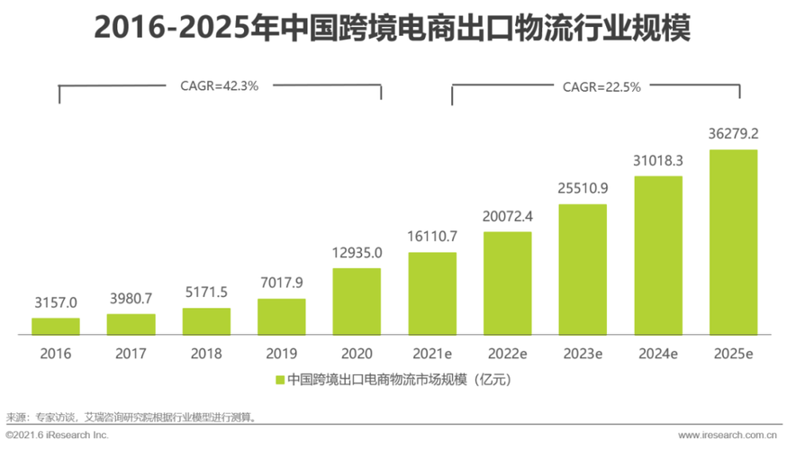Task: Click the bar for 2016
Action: (x=56, y=326)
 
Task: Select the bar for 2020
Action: (x=357, y=301)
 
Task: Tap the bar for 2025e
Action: (x=733, y=241)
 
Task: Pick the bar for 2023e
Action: (x=583, y=269)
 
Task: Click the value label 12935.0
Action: (x=357, y=252)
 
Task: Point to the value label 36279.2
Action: (x=733, y=133)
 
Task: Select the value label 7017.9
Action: (x=281, y=283)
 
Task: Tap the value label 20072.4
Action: (x=508, y=216)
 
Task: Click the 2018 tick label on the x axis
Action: (x=206, y=354)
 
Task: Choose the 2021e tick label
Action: (x=432, y=354)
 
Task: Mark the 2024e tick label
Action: (x=658, y=354)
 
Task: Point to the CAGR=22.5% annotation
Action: (x=589, y=87)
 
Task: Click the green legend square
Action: (x=280, y=380)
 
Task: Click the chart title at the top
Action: (x=393, y=29)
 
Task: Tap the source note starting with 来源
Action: (x=131, y=417)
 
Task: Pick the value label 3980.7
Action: (x=131, y=298)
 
